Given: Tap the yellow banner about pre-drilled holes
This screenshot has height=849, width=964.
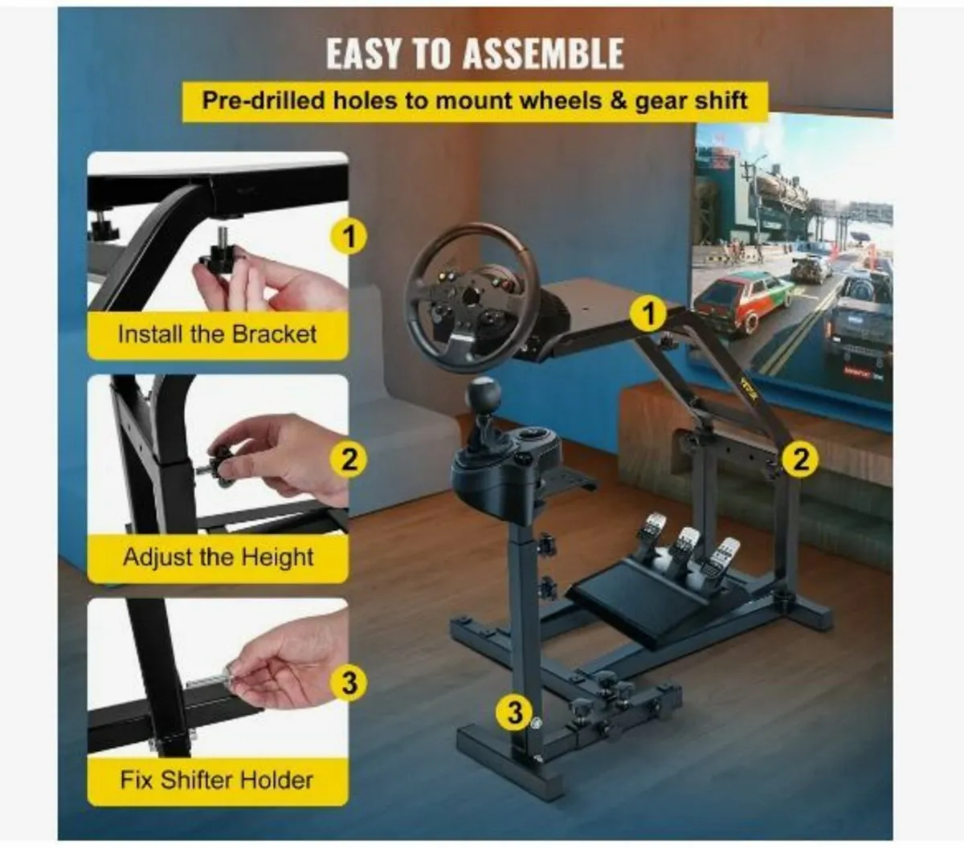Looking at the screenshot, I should coord(474,101).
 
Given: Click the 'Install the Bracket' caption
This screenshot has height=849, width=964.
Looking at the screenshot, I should coord(217,334).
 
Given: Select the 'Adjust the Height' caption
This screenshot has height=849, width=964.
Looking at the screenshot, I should coord(218,557).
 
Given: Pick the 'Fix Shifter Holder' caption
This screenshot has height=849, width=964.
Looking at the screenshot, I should coord(217,779).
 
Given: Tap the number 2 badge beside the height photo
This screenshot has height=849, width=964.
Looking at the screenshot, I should coord(349,459).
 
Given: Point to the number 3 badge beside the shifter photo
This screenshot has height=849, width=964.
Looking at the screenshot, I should coord(349,683).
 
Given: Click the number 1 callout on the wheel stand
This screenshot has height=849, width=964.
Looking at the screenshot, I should coord(649,313).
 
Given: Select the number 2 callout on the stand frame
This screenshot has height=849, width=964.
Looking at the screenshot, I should coord(800,459).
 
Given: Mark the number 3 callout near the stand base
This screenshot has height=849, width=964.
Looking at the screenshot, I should coord(515,712).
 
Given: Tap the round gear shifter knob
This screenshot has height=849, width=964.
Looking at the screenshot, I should coord(483,394).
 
